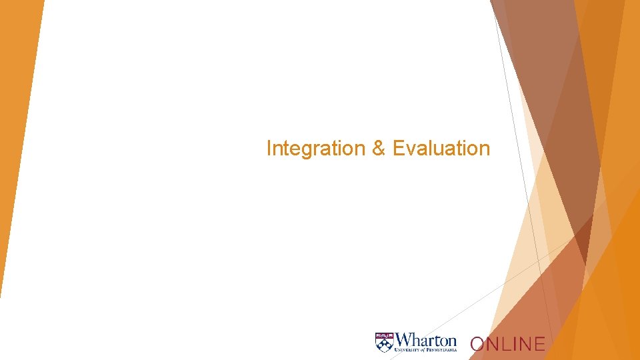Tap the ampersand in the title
(x=379, y=148)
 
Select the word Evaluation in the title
(x=441, y=148)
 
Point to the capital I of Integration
(x=269, y=148)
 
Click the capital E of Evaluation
(x=398, y=148)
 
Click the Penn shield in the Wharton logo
(x=384, y=342)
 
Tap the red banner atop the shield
(x=384, y=335)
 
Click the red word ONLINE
(x=507, y=344)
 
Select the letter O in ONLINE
(x=477, y=344)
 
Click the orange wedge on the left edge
(x=17, y=133)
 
